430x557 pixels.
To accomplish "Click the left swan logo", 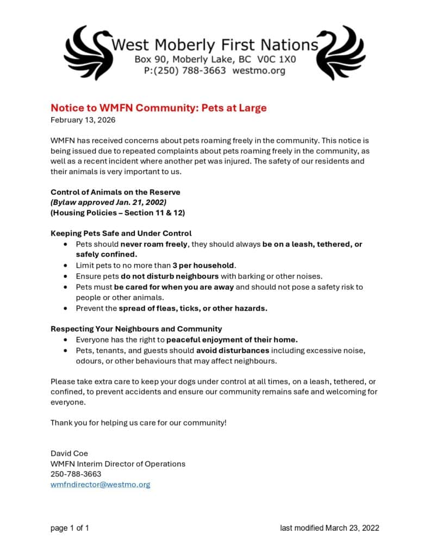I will point(88,53).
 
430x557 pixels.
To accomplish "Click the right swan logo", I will point(340,53).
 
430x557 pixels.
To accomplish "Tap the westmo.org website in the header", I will point(259,71).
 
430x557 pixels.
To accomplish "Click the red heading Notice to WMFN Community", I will point(158,108).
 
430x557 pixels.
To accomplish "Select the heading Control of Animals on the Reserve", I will point(115,192).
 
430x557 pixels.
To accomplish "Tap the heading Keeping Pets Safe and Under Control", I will point(121,233).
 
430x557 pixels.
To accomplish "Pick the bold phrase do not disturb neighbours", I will point(170,276).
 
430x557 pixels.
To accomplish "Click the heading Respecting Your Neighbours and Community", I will point(136,329).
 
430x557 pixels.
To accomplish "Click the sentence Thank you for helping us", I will point(138,423).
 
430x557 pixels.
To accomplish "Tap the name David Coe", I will point(69,453).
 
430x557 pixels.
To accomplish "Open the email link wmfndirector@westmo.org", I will point(100,484).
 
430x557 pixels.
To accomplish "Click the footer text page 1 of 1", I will point(70,528).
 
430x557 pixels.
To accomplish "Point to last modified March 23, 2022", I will point(329,528).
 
